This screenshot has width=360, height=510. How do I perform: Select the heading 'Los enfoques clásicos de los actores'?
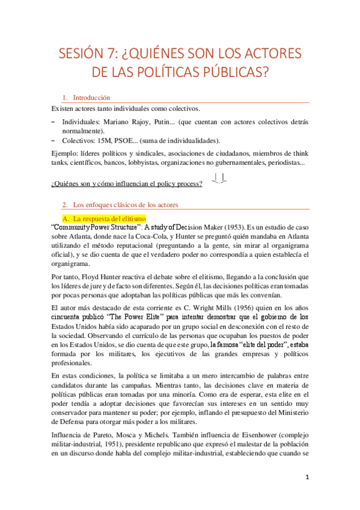(x=124, y=204)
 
